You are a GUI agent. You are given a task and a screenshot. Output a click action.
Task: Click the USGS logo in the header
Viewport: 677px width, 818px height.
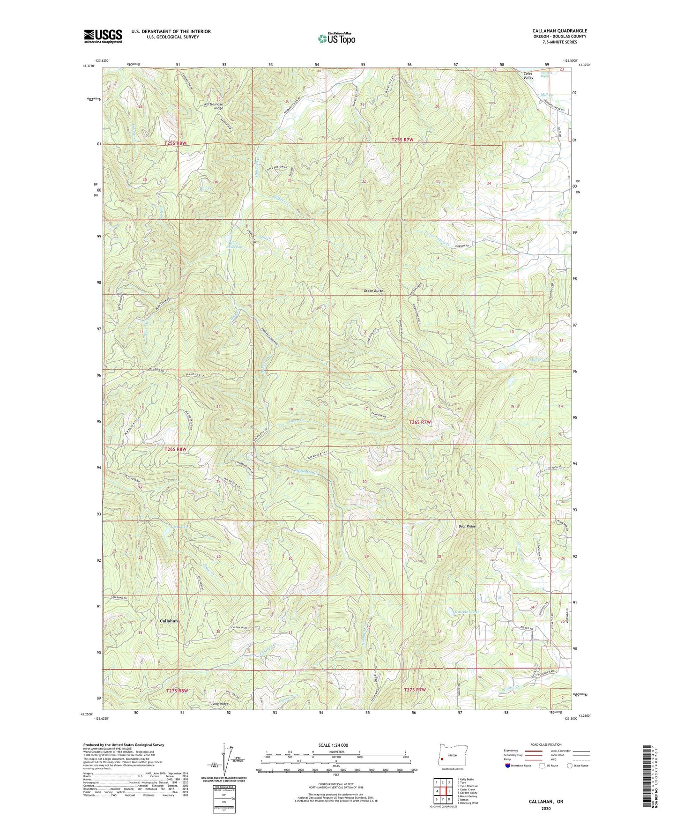103,36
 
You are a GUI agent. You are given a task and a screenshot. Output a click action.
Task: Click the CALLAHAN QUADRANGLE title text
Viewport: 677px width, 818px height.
559,31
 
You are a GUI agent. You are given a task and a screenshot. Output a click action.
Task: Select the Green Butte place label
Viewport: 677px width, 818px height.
373,291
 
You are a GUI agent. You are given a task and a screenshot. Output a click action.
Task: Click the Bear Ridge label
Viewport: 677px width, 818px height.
467,527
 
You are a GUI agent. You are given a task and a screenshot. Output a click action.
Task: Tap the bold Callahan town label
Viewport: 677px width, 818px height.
169,621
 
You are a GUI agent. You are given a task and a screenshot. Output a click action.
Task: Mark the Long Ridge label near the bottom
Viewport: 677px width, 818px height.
219,704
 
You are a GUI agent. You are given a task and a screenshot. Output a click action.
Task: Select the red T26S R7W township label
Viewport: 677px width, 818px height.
419,422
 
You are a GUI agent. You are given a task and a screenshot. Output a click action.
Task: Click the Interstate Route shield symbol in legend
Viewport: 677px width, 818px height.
508,766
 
